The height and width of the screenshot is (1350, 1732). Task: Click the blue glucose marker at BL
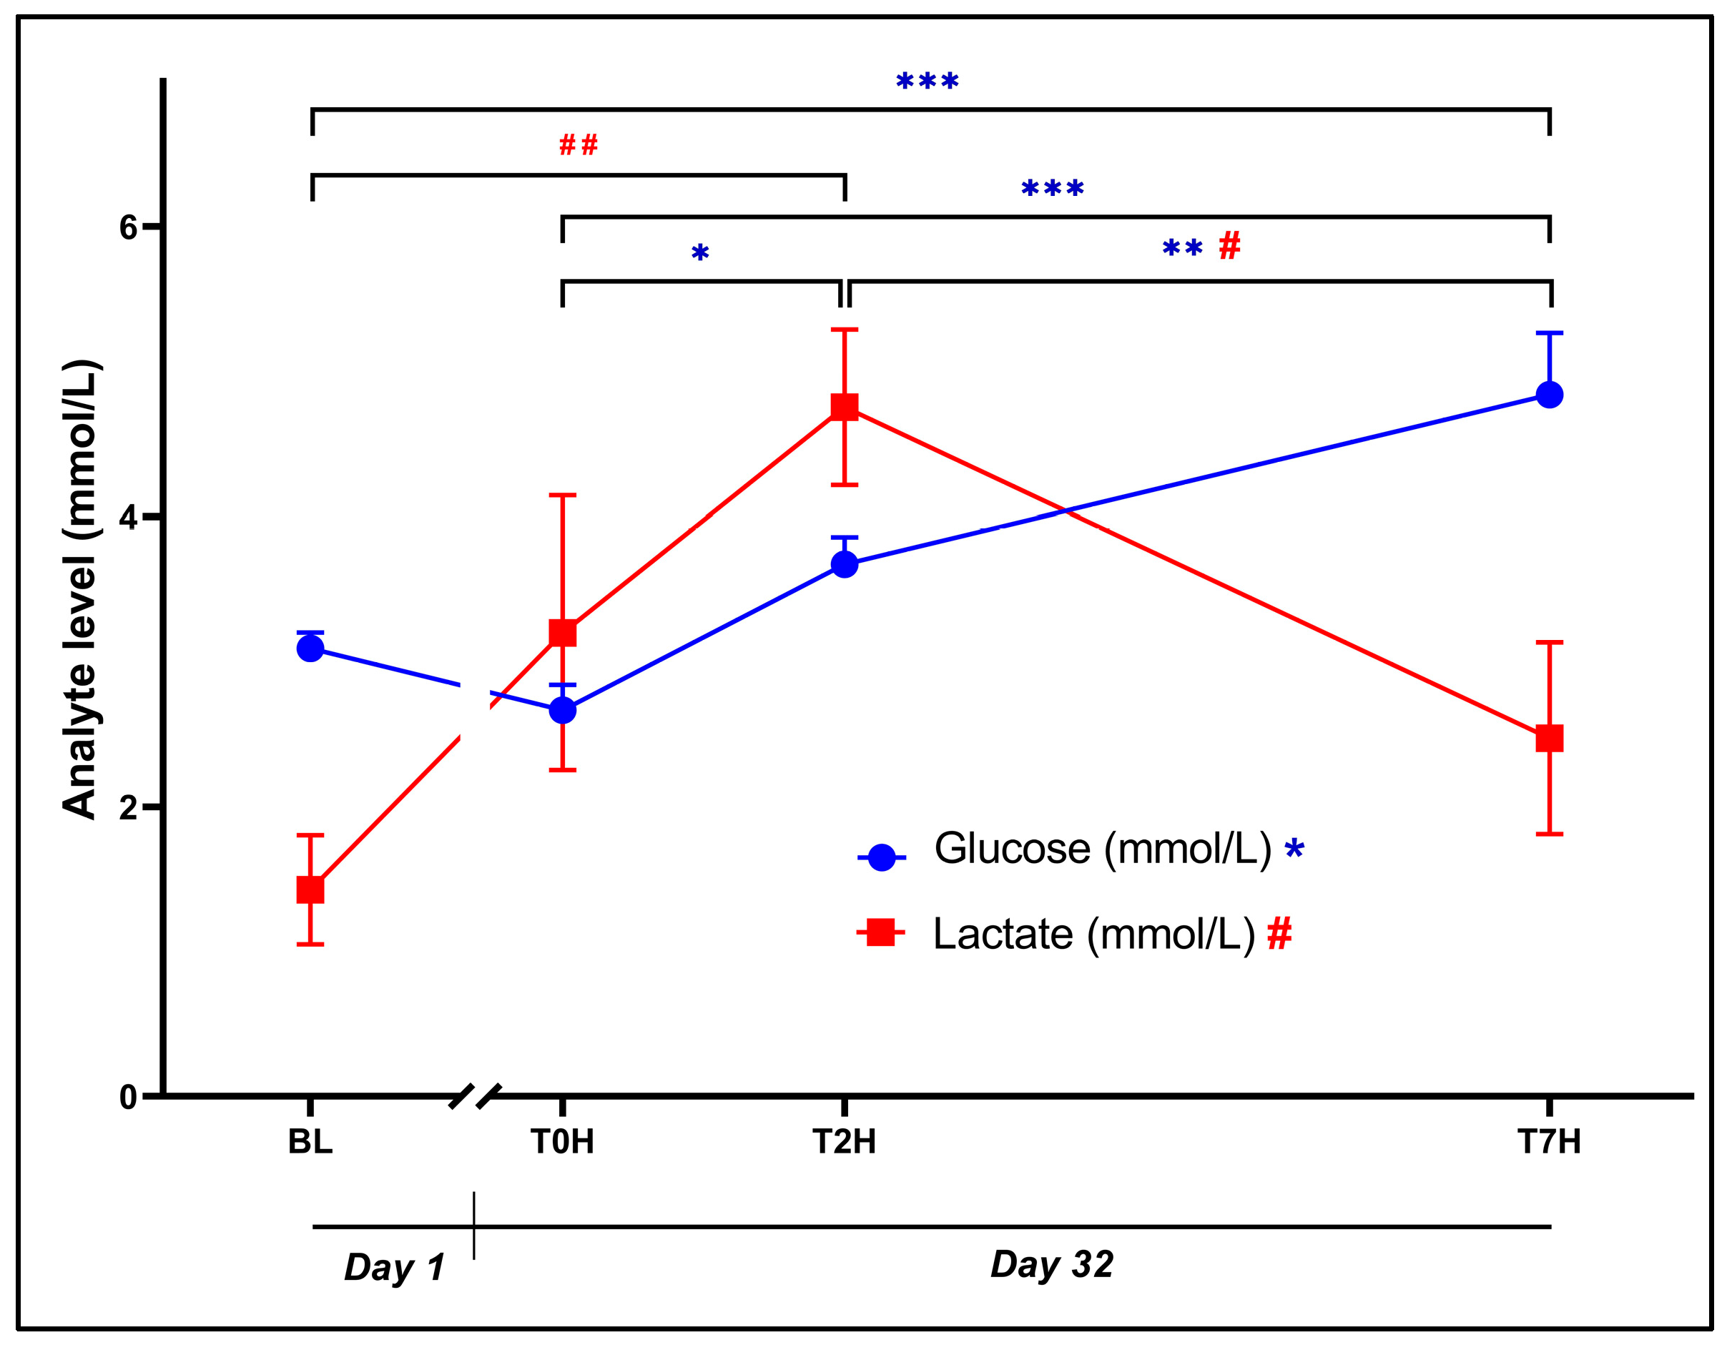click(310, 649)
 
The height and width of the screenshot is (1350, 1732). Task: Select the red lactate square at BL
click(310, 890)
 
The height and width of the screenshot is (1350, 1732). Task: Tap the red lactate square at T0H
click(562, 633)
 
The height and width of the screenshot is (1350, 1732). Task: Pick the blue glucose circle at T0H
click(562, 710)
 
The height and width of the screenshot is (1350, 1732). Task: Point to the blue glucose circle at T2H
click(845, 565)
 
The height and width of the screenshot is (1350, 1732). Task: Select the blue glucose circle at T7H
click(1550, 395)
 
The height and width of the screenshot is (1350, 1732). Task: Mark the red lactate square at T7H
click(1550, 739)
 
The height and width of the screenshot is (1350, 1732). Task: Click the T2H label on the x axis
click(845, 1142)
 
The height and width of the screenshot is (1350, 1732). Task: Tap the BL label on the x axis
click(310, 1142)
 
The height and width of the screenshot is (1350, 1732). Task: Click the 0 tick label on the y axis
click(129, 1098)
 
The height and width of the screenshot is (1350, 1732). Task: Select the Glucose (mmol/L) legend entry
click(1102, 849)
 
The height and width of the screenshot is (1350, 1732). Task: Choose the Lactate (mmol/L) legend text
click(1094, 935)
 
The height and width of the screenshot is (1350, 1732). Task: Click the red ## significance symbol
click(578, 145)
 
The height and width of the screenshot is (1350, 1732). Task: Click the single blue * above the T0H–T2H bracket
click(699, 254)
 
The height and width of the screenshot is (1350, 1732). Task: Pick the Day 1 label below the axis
click(394, 1268)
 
